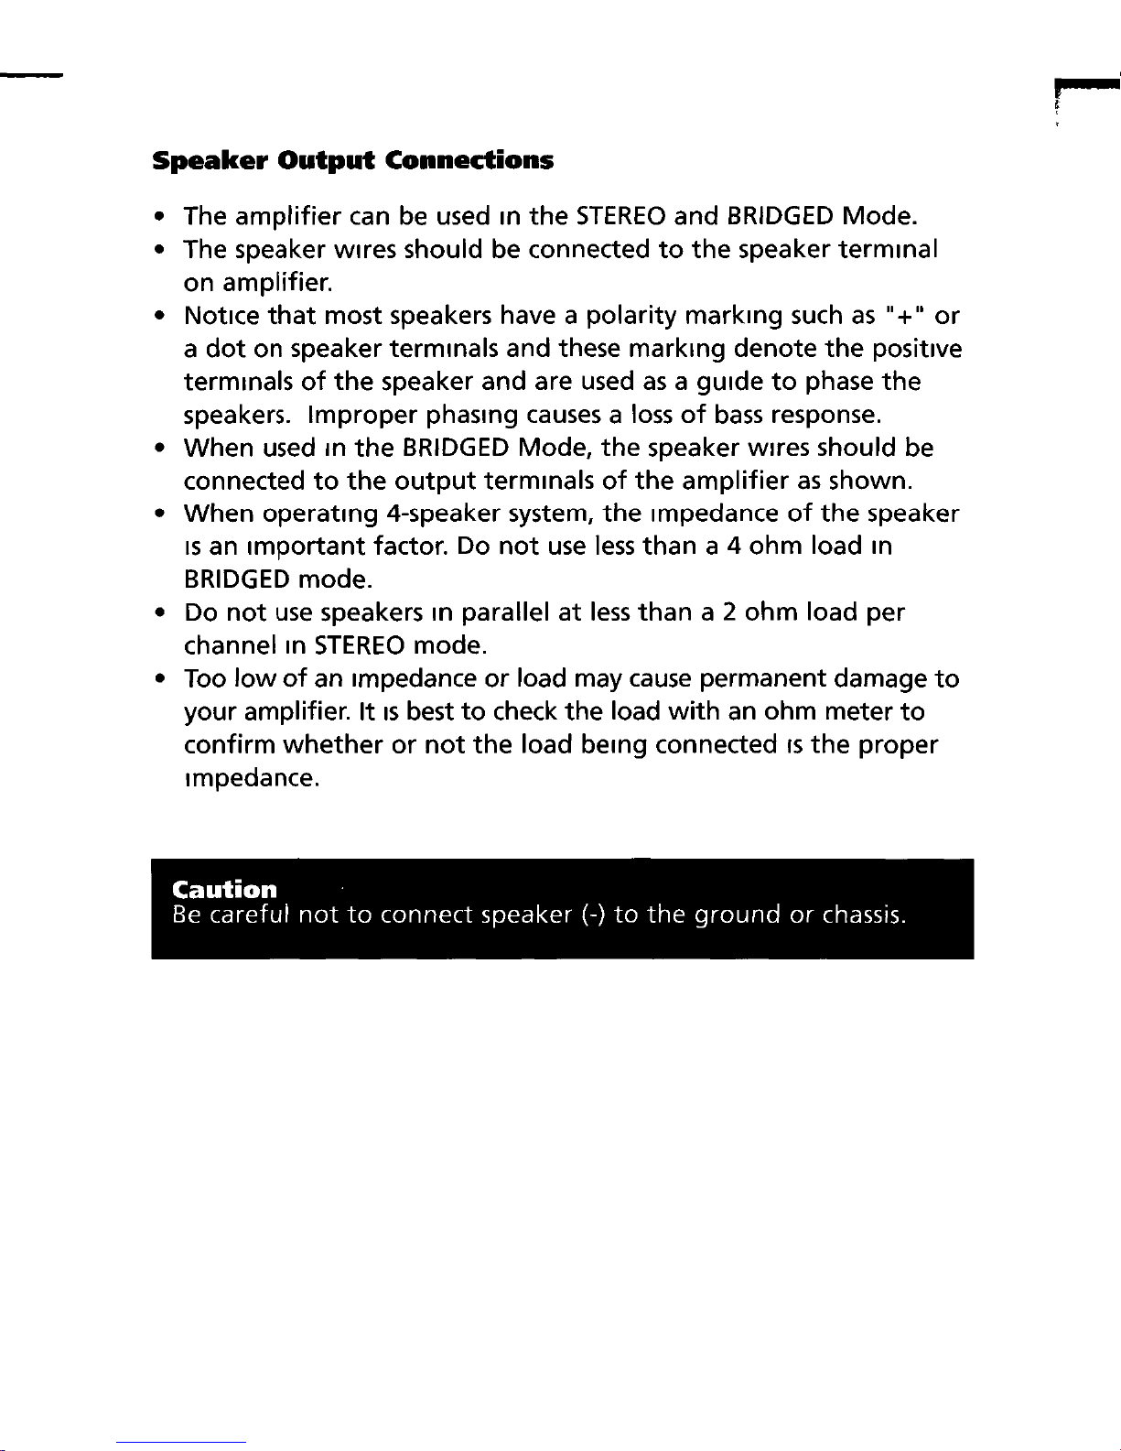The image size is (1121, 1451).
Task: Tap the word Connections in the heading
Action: pos(469,161)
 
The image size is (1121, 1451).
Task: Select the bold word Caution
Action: pos(224,890)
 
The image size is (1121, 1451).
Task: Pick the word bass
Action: pos(739,416)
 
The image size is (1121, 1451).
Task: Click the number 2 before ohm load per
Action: pos(729,612)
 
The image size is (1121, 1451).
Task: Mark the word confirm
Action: pos(229,745)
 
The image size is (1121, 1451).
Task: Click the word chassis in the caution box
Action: pos(863,915)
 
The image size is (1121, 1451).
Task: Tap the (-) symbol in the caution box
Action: pos(590,915)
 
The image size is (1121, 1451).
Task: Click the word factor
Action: pos(409,547)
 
